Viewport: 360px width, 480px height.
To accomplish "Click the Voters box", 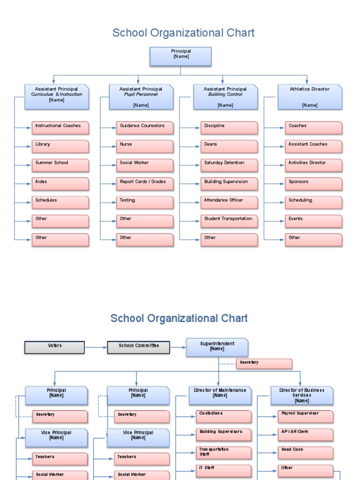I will tap(54, 347).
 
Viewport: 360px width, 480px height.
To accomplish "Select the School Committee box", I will tap(138, 347).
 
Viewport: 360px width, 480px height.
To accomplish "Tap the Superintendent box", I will tap(217, 347).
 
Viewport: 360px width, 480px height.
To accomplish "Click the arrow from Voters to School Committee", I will tap(96, 347).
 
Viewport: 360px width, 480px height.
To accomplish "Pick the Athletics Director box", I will tap(309, 97).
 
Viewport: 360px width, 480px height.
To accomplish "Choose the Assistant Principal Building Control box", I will tap(225, 97).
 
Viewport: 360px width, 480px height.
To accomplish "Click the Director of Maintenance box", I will tap(220, 395).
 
